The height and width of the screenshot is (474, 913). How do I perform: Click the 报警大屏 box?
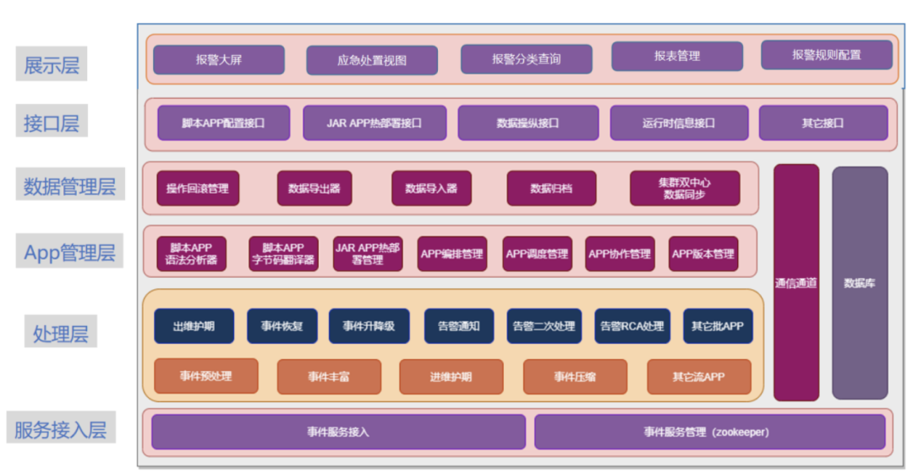218,60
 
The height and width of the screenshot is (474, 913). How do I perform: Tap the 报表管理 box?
677,57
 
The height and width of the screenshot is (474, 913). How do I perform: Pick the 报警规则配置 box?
826,55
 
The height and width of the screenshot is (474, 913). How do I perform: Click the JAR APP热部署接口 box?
374,123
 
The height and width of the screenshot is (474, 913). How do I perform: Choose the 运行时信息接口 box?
678,123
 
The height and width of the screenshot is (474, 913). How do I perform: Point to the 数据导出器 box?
314,188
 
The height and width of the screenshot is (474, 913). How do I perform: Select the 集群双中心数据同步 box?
684,188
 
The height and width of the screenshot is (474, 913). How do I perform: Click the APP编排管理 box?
452,253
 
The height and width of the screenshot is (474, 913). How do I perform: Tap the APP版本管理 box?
703,253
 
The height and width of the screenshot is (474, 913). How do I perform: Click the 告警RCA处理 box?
631,326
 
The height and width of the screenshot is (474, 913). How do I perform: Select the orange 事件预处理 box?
205,376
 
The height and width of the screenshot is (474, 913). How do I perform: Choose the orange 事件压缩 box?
575,377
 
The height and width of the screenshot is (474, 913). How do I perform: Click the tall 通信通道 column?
795,282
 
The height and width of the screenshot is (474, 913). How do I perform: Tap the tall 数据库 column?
859,282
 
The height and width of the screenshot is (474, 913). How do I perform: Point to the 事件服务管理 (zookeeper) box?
708,432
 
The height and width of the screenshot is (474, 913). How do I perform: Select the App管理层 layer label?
69,252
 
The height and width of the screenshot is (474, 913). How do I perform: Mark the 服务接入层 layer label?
60,429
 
